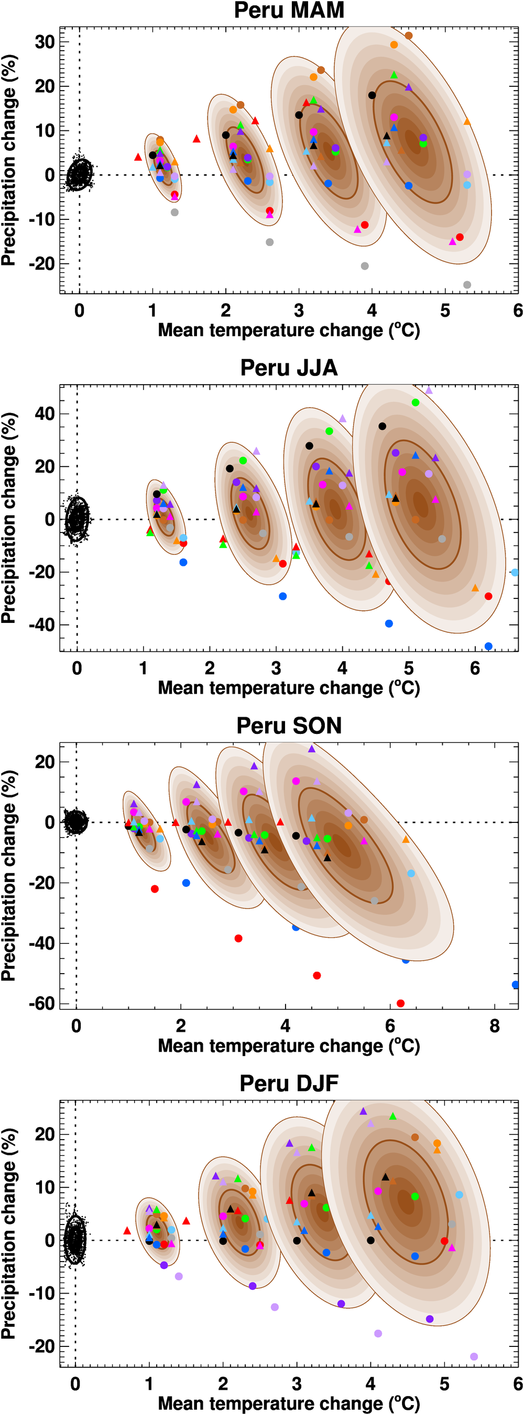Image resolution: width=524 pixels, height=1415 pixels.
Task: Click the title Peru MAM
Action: [x=289, y=10]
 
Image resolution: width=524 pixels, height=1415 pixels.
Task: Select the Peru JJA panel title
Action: [x=289, y=368]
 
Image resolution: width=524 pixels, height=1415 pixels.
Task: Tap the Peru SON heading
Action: [x=289, y=726]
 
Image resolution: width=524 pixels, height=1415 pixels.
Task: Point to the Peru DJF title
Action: [x=289, y=1083]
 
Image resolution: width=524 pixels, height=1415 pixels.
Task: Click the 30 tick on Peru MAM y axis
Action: [x=45, y=42]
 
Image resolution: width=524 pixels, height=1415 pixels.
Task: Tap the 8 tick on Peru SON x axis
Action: [x=494, y=1026]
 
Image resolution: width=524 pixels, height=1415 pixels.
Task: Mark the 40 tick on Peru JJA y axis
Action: [x=45, y=414]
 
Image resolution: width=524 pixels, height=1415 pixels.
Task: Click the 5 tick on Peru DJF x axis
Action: [x=444, y=1384]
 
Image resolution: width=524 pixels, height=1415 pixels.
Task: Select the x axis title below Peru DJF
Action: [x=289, y=1403]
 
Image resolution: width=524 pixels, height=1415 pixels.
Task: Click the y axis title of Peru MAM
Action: [x=9, y=160]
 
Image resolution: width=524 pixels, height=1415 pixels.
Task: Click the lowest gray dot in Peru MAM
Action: [x=467, y=285]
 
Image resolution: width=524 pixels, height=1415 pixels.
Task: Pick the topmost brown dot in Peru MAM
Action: [x=409, y=36]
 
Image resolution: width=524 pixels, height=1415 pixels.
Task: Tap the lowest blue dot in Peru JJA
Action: [x=488, y=646]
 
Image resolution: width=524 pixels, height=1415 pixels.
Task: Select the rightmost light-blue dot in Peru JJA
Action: [x=515, y=572]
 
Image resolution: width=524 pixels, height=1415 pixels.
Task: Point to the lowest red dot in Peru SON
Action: [x=400, y=1003]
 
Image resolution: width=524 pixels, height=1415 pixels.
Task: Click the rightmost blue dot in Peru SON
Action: [x=515, y=984]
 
